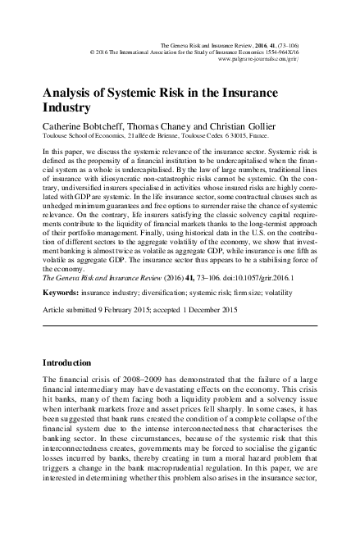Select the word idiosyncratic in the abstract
pos(124,188)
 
